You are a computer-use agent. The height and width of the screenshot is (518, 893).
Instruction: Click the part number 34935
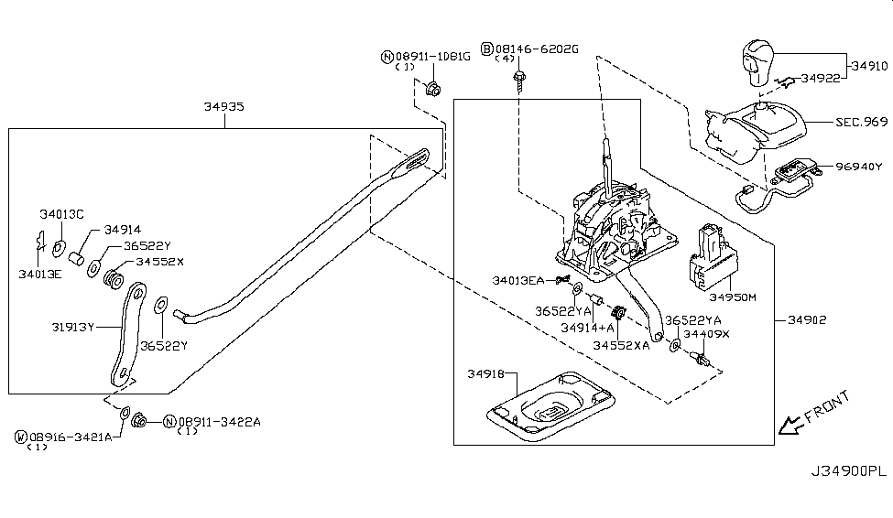[x=223, y=107]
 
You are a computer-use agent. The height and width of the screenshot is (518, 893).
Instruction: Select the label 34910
[x=868, y=66]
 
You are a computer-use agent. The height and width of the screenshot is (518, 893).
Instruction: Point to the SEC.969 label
[x=861, y=121]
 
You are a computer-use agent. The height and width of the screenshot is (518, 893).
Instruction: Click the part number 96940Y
[x=859, y=167]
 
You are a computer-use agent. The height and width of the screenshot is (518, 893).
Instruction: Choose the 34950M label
[x=730, y=297]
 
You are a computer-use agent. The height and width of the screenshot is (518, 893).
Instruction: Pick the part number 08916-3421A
[x=70, y=437]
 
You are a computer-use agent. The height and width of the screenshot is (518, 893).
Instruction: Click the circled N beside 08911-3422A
[x=169, y=421]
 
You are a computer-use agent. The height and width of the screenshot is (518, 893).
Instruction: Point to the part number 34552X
[x=160, y=261]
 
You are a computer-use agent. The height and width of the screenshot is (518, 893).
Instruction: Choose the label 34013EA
[x=517, y=280]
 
